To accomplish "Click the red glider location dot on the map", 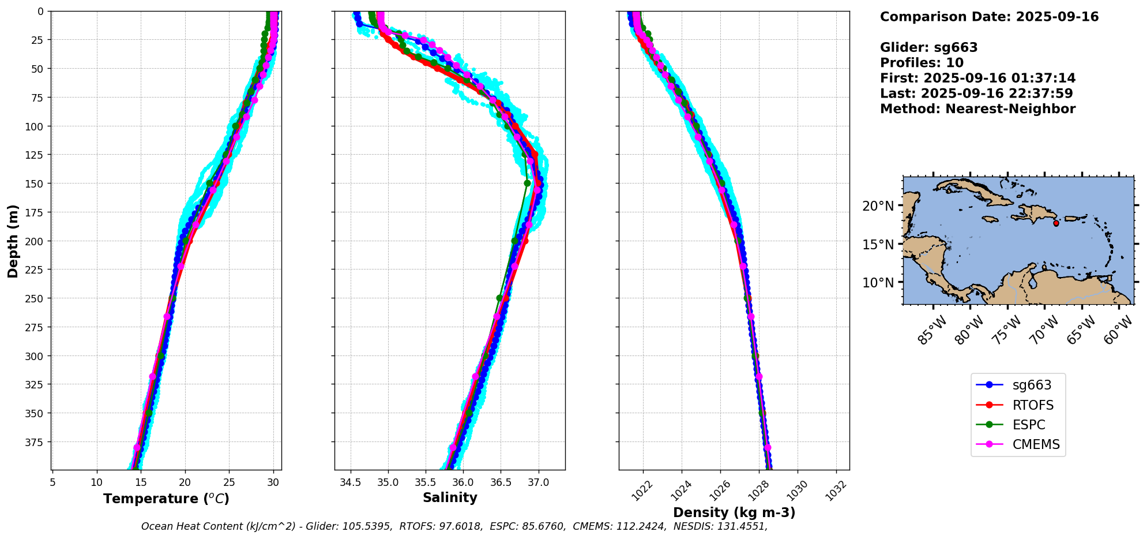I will [x=1056, y=223].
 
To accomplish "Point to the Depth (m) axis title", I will [x=13, y=241].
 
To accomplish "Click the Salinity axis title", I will [x=450, y=497].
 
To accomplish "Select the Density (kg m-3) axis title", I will [x=734, y=512].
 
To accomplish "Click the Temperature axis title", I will [x=166, y=499].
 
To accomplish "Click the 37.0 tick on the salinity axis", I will [x=538, y=482].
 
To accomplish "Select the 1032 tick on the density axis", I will [x=837, y=490].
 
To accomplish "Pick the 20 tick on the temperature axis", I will [x=185, y=482].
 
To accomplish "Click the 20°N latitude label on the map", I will [x=878, y=206].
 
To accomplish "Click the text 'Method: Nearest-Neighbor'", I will [x=977, y=109].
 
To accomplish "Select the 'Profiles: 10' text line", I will [x=922, y=63].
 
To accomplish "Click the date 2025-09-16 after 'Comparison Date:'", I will [x=1057, y=17].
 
